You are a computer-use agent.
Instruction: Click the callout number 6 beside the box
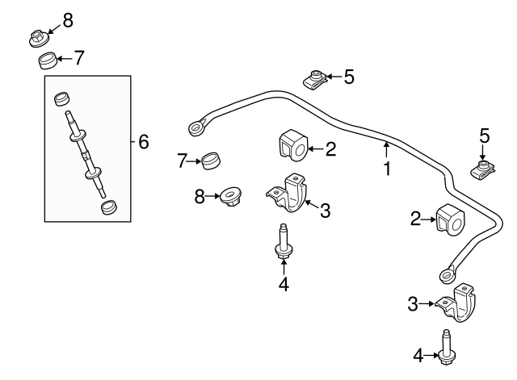pyautogui.click(x=144, y=142)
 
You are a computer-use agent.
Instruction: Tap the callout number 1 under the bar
pyautogui.click(x=387, y=169)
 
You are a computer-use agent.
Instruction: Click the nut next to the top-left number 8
pyautogui.click(x=39, y=38)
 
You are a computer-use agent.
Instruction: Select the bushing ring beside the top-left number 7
pyautogui.click(x=48, y=61)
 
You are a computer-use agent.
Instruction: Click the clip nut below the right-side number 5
pyautogui.click(x=482, y=169)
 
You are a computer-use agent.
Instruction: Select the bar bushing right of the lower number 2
pyautogui.click(x=450, y=219)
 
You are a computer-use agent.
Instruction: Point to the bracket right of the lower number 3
pyautogui.click(x=456, y=302)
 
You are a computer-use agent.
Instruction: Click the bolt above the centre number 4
pyautogui.click(x=284, y=242)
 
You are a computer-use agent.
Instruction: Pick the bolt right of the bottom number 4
pyautogui.click(x=447, y=347)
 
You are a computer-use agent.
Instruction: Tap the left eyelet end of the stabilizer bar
pyautogui.click(x=197, y=127)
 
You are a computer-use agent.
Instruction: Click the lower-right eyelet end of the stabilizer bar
pyautogui.click(x=448, y=274)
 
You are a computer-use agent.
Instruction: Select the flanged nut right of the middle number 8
pyautogui.click(x=231, y=196)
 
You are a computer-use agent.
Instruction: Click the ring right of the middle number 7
pyautogui.click(x=211, y=161)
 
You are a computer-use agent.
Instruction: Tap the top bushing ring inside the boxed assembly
pyautogui.click(x=62, y=98)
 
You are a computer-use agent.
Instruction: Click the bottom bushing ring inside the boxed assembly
pyautogui.click(x=109, y=207)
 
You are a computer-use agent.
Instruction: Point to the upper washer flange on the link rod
pyautogui.click(x=78, y=136)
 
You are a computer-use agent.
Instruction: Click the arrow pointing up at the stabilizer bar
pyautogui.click(x=386, y=149)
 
